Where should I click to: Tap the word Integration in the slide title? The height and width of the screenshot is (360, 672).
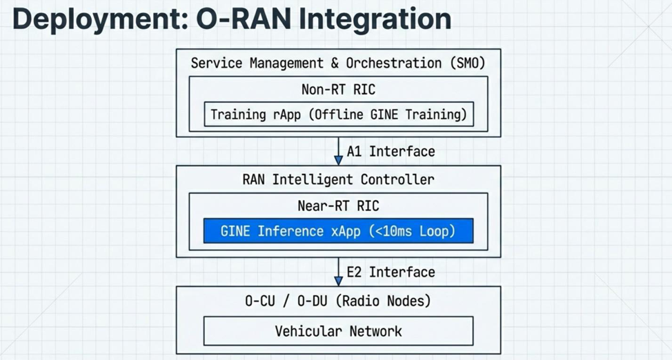click(x=375, y=19)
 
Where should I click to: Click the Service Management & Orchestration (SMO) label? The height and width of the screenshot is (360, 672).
click(x=338, y=63)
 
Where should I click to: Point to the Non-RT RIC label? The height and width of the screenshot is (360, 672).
click(x=338, y=89)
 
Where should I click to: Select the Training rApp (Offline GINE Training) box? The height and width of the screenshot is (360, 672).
click(x=338, y=114)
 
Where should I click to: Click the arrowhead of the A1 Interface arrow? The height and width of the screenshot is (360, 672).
click(x=338, y=159)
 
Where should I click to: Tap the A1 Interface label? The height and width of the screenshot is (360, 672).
click(x=391, y=151)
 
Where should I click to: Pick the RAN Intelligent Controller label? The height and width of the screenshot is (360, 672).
click(x=338, y=179)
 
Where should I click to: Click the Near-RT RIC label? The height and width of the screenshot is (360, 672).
click(x=338, y=206)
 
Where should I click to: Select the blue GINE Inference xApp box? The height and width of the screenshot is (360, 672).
click(x=338, y=231)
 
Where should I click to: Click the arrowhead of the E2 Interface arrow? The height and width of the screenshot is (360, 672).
click(x=338, y=280)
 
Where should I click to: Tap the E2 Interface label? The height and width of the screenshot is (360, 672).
click(x=391, y=272)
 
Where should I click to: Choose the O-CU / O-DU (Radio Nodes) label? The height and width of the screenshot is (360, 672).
click(x=338, y=301)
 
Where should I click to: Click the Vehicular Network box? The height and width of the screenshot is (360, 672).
click(x=338, y=331)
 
